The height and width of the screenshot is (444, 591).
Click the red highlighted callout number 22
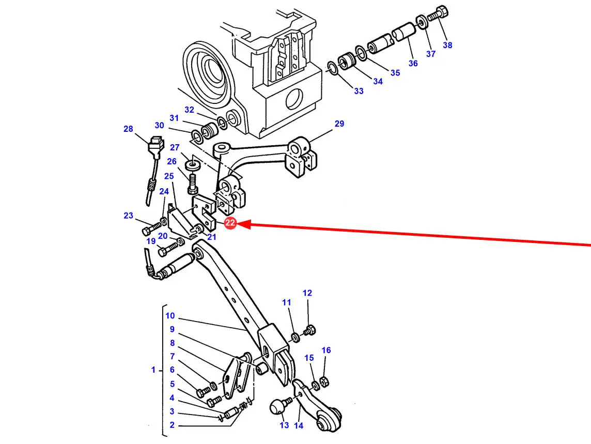[x=230, y=223]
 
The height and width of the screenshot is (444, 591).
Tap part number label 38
[x=447, y=45]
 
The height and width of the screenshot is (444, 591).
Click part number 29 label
[x=339, y=124]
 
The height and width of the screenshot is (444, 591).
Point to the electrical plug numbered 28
[x=154, y=147]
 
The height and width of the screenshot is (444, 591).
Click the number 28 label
[x=128, y=129]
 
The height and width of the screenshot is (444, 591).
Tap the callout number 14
[x=299, y=425]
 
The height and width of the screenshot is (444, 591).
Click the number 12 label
[x=307, y=293]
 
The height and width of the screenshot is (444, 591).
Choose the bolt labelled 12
[x=309, y=329]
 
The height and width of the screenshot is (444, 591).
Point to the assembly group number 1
[x=153, y=370]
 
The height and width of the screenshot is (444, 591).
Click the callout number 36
[x=413, y=63]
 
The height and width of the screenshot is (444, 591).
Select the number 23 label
[x=128, y=216]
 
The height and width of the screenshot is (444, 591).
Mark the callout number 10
[x=170, y=316]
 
